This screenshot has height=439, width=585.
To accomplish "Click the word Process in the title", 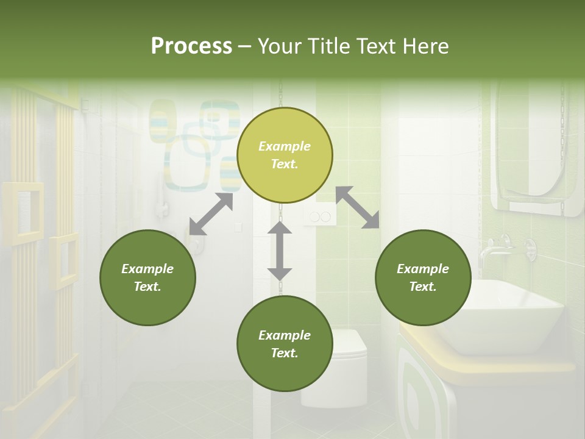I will click(191, 46).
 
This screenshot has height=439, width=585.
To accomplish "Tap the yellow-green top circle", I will click(285, 155).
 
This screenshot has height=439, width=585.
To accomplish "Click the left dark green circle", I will click(147, 277).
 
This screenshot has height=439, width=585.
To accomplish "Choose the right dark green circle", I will click(423, 277).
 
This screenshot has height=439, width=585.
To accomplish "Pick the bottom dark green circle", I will click(285, 343).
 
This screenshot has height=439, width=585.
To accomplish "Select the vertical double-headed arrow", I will click(280, 251).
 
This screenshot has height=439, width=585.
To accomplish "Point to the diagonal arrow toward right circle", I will click(358, 208).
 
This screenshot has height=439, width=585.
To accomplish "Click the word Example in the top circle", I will click(285, 146).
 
